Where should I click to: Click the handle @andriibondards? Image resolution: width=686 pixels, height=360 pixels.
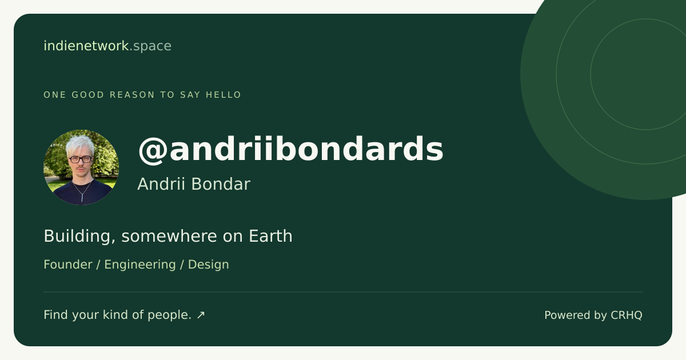click(290, 149)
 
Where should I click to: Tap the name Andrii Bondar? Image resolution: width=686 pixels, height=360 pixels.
click(194, 184)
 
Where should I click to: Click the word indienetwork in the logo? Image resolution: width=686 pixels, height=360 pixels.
click(86, 46)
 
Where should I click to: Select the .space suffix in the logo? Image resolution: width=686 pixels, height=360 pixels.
click(151, 46)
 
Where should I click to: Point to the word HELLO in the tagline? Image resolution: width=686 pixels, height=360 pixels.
click(224, 95)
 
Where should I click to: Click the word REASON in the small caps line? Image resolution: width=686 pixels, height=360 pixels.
click(132, 95)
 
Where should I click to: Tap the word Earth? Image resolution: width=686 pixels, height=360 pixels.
click(271, 236)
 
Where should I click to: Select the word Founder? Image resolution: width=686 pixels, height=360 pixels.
click(68, 265)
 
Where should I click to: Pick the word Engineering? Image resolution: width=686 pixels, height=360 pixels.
click(140, 265)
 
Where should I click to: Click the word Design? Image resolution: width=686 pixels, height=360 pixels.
click(209, 265)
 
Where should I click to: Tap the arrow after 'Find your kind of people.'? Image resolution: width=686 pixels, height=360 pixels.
click(201, 315)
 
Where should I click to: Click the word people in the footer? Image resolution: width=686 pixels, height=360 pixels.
click(167, 315)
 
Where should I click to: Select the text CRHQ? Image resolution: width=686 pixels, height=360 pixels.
click(627, 315)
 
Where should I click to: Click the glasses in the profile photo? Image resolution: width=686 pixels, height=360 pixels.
click(80, 159)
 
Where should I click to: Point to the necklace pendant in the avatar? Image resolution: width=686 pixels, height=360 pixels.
click(82, 197)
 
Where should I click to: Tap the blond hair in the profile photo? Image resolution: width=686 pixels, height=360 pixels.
click(80, 145)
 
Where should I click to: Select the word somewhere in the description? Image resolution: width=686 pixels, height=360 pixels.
click(169, 236)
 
